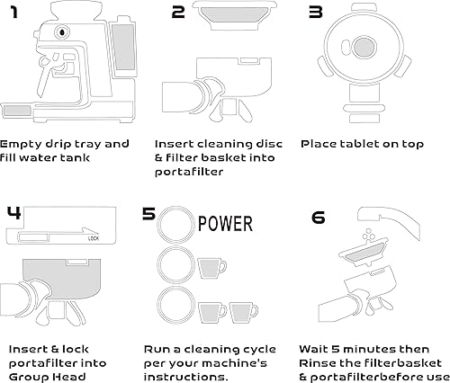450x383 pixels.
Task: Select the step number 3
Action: pyautogui.click(x=315, y=12)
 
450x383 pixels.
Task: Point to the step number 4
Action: pyautogui.click(x=13, y=213)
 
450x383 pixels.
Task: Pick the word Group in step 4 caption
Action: pyautogui.click(x=27, y=379)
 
